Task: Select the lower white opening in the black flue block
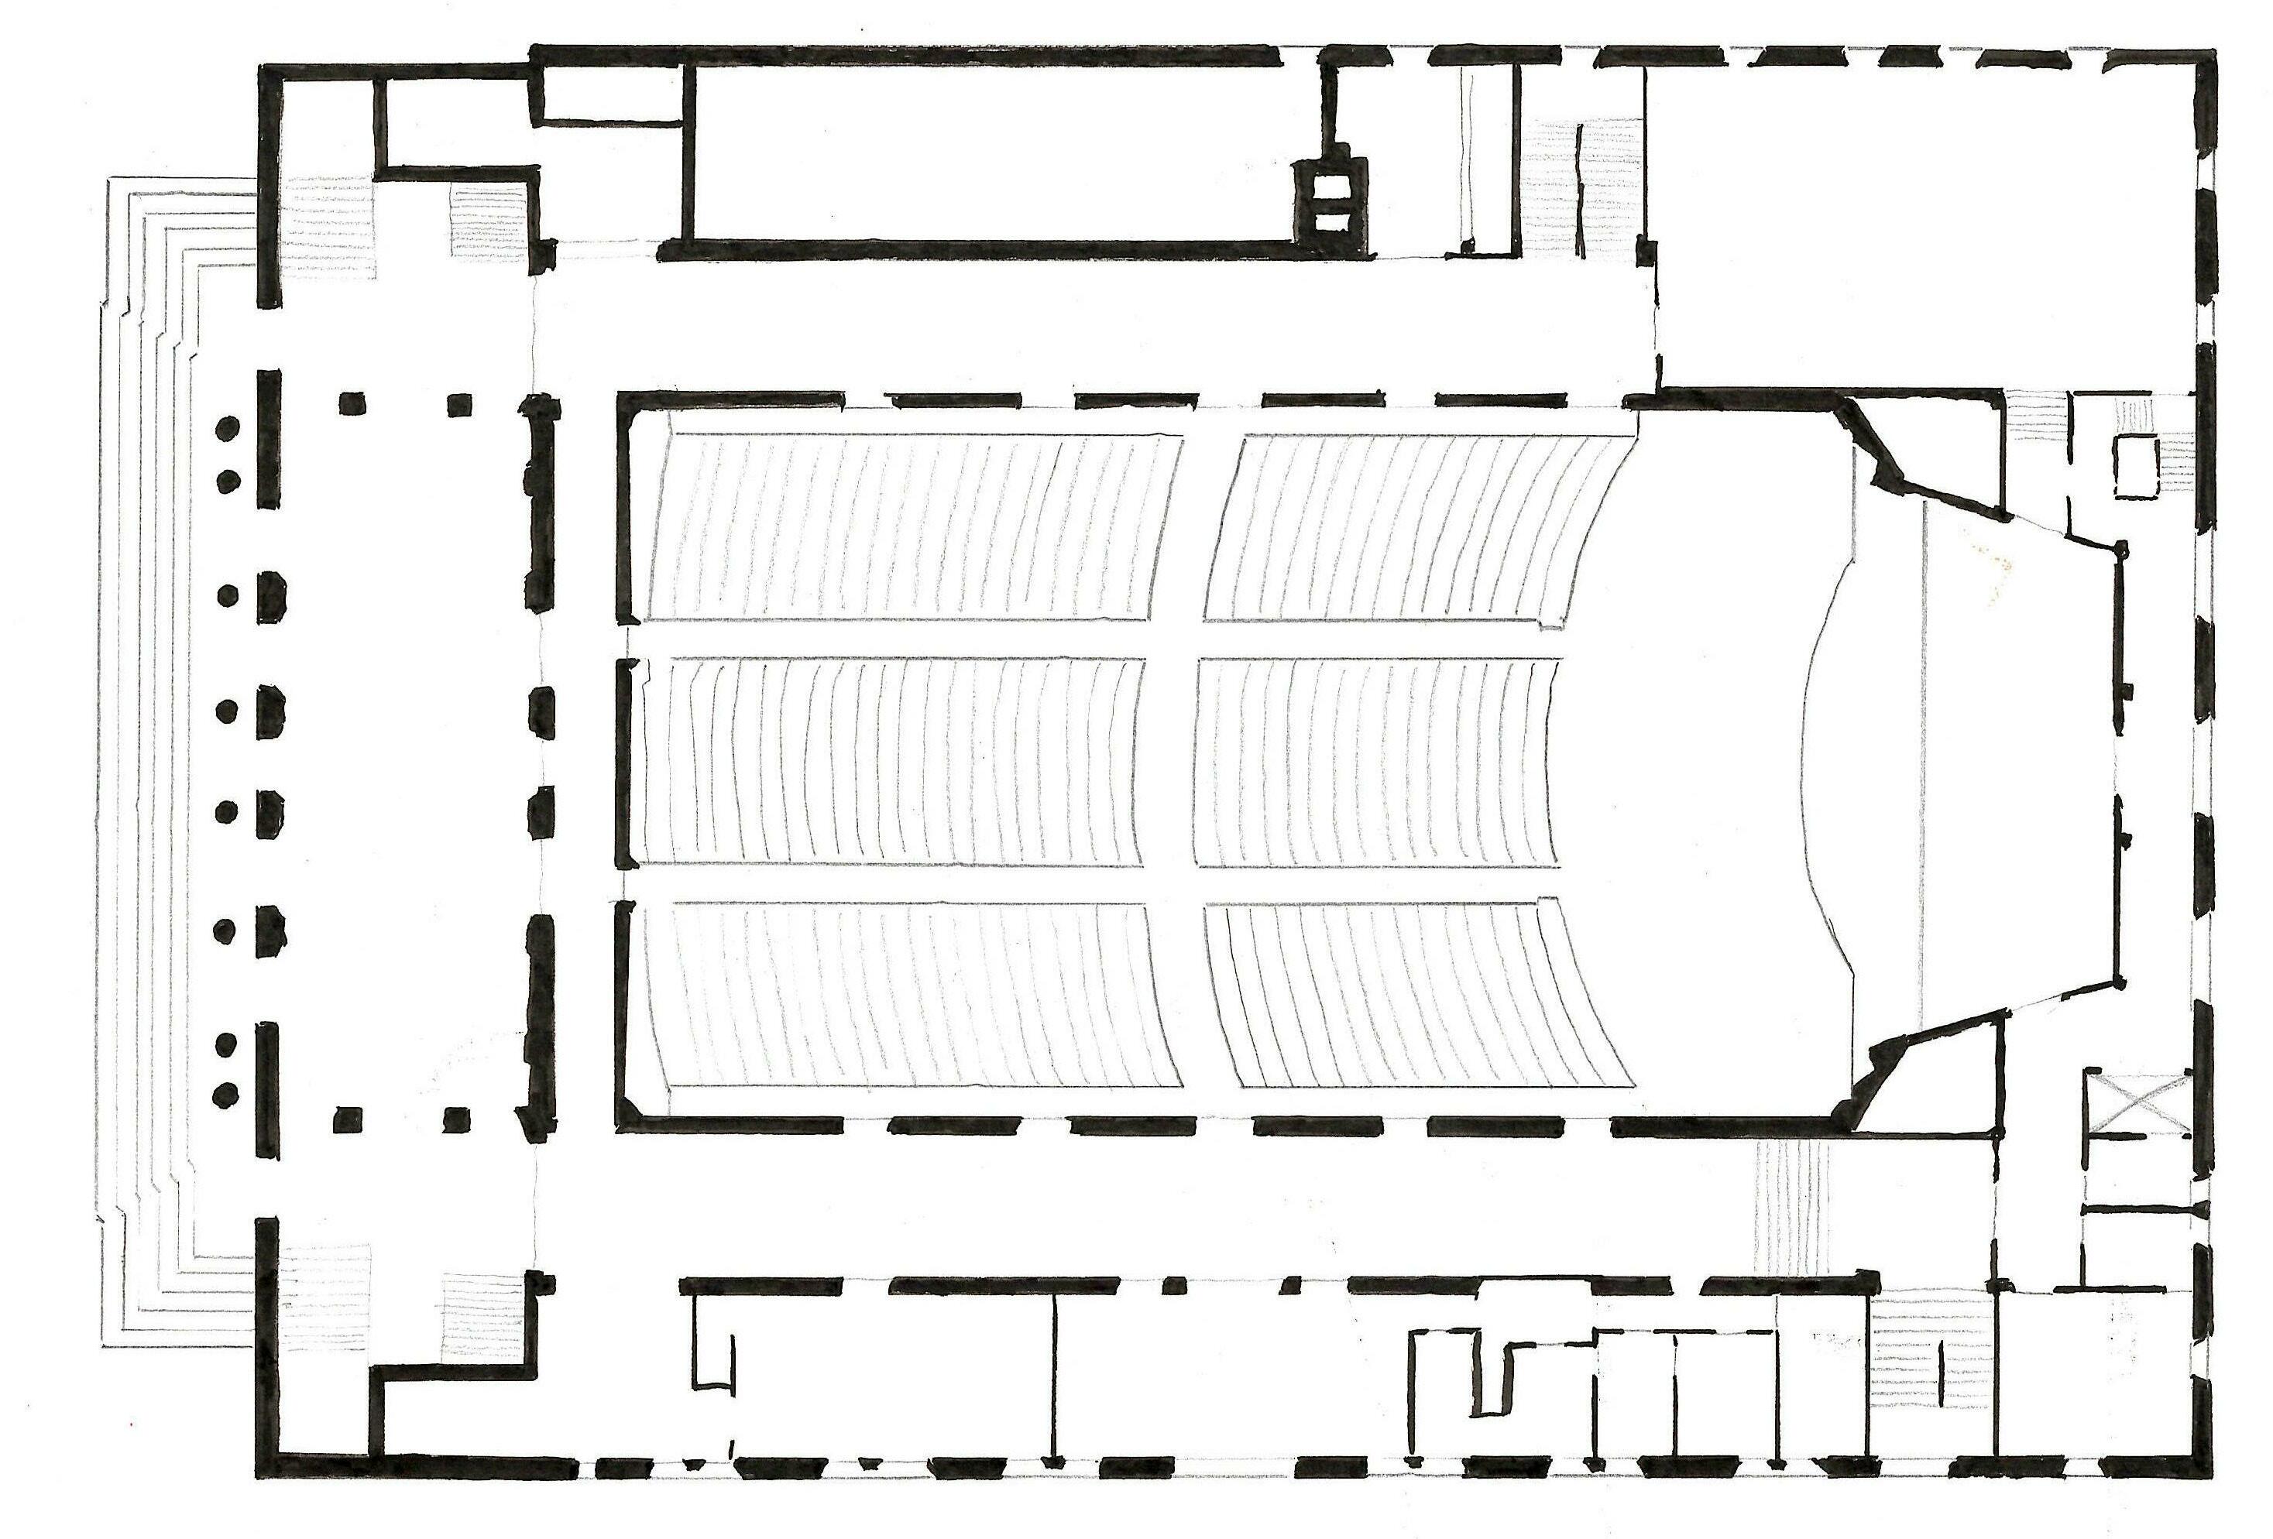tap(1327, 223)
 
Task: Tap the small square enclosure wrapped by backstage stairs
tap(2136, 468)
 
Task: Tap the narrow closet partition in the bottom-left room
tap(713, 1339)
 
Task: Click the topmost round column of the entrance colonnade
tap(227, 427)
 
